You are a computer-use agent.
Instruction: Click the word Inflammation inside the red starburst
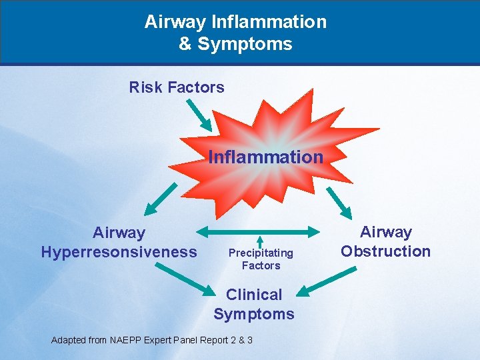pyautogui.click(x=265, y=157)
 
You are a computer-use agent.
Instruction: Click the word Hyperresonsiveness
pyautogui.click(x=119, y=251)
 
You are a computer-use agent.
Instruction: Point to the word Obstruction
pyautogui.click(x=385, y=251)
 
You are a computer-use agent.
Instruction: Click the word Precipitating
pyautogui.click(x=261, y=253)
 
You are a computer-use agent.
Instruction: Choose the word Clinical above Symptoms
pyautogui.click(x=254, y=295)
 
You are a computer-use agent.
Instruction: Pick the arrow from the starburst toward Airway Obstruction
pyautogui.click(x=340, y=202)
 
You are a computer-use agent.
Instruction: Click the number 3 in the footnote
pyautogui.click(x=249, y=340)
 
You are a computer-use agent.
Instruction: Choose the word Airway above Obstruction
pyautogui.click(x=386, y=232)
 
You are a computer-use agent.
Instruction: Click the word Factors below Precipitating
pyautogui.click(x=261, y=265)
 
